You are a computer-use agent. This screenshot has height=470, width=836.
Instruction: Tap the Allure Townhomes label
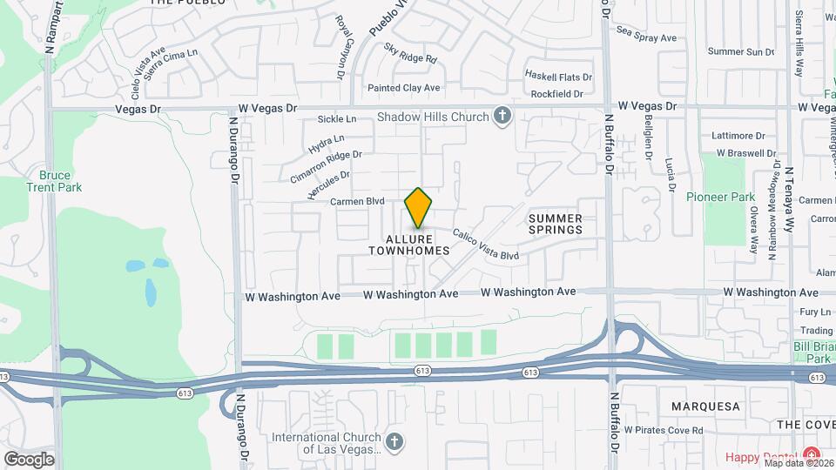click(x=408, y=245)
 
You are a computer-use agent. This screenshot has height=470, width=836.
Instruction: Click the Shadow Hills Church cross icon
click(x=501, y=116)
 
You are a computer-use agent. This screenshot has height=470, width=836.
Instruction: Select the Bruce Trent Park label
click(x=55, y=181)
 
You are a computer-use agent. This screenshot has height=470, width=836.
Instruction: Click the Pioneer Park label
click(x=720, y=197)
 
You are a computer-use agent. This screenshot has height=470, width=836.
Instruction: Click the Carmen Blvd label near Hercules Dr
click(x=357, y=201)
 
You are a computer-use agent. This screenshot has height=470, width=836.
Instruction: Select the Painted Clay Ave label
click(x=403, y=88)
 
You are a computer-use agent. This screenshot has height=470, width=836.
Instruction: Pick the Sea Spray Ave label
click(x=646, y=38)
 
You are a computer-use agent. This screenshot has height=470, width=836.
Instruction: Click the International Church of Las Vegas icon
click(x=394, y=443)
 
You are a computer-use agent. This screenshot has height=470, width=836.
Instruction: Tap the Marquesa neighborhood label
click(x=705, y=406)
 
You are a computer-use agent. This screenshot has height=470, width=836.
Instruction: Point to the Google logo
click(x=29, y=459)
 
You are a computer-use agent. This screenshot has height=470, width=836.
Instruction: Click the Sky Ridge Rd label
click(x=411, y=57)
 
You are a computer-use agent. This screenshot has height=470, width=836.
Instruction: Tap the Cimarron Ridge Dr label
click(x=327, y=166)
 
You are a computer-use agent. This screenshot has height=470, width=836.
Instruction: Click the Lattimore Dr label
click(x=738, y=136)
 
